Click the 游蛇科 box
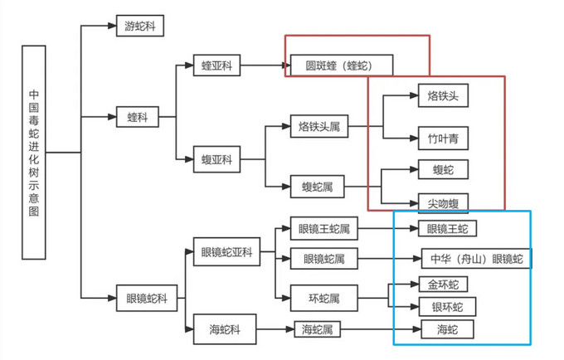pyautogui.click(x=139, y=27)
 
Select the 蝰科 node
pyautogui.click(x=139, y=118)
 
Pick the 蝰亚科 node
pyautogui.click(x=216, y=64)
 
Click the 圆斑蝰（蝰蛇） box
pyautogui.click(x=341, y=64)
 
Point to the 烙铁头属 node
pyautogui.click(x=319, y=128)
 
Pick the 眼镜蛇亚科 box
pyautogui.click(x=226, y=252)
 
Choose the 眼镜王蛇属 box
pyautogui.click(x=323, y=229)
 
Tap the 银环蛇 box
pyautogui.click(x=448, y=308)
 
